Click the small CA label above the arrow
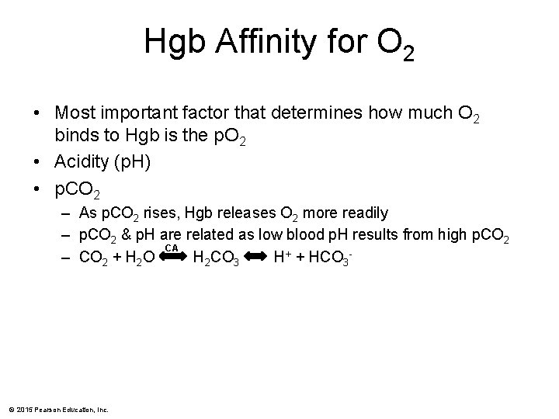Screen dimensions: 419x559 pos(172,248)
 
